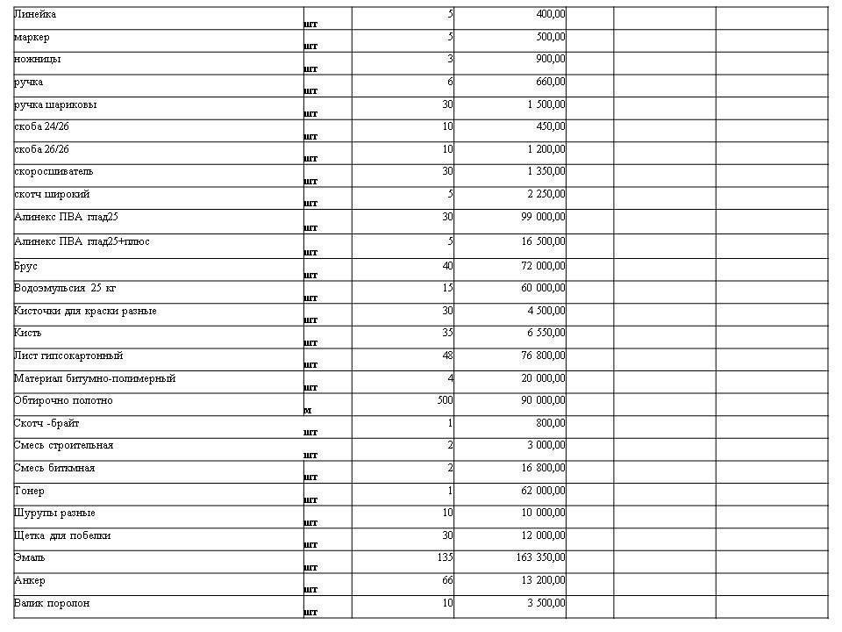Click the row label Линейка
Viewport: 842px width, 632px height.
(x=35, y=15)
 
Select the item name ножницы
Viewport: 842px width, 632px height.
(x=38, y=60)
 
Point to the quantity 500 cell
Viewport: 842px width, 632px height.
(x=445, y=401)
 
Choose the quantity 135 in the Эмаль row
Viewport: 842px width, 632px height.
(x=445, y=557)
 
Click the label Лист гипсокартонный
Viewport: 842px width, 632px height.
(x=68, y=356)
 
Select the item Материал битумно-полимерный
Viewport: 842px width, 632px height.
(x=95, y=378)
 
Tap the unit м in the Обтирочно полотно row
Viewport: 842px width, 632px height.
(x=308, y=409)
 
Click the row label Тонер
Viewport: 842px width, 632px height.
(x=29, y=491)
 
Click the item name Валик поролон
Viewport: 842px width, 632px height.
(x=52, y=603)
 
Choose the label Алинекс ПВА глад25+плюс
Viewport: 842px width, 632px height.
(x=82, y=241)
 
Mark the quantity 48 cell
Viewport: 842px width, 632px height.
(x=447, y=356)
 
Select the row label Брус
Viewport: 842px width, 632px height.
(x=26, y=266)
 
